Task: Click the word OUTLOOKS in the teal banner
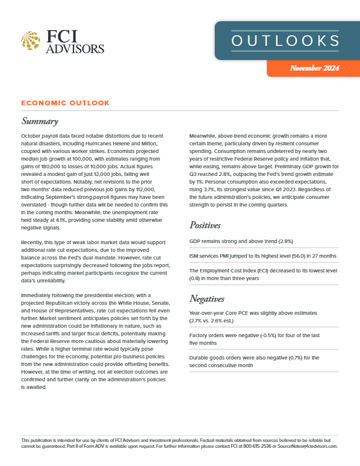(x=285, y=41)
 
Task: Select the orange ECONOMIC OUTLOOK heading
(x=65, y=103)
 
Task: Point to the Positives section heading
(x=205, y=225)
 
